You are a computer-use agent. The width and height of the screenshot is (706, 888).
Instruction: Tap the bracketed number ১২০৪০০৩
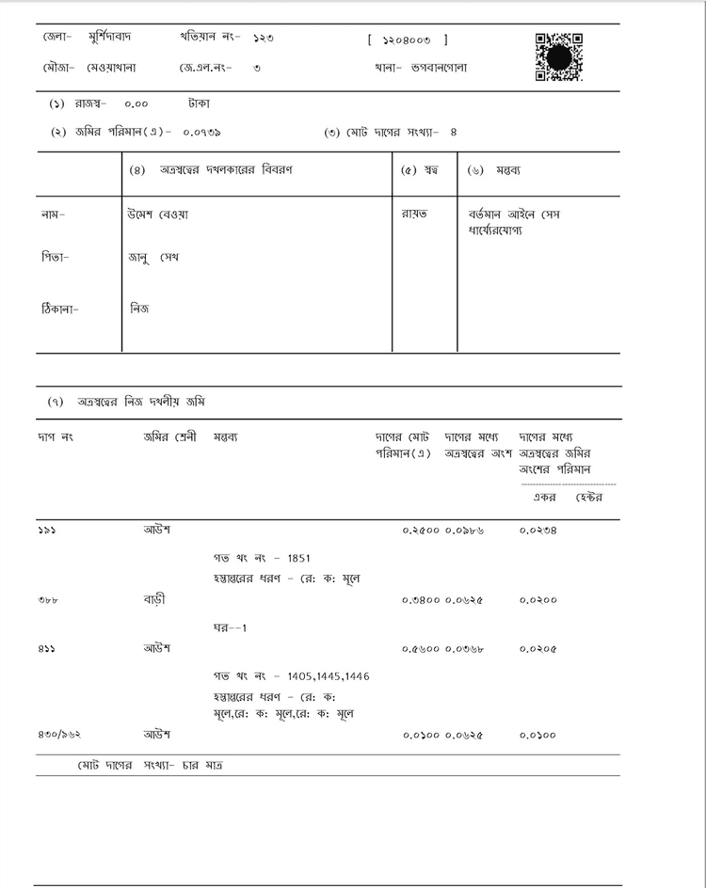coord(408,40)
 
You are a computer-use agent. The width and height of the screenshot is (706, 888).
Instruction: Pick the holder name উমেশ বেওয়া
coord(157,214)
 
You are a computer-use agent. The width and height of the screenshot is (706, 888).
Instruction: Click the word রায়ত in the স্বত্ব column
coord(414,214)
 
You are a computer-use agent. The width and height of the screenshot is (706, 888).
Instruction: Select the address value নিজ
coord(138,308)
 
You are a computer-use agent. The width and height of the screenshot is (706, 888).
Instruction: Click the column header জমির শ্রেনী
coord(168,437)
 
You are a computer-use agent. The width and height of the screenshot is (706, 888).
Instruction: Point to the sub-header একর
coord(545,497)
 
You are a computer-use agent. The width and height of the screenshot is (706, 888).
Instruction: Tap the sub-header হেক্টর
coord(588,497)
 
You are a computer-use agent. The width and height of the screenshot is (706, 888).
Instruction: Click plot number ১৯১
coord(47,531)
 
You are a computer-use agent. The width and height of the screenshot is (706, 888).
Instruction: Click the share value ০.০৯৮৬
coord(465,531)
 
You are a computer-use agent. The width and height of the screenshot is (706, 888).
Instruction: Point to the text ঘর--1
coord(230,626)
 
